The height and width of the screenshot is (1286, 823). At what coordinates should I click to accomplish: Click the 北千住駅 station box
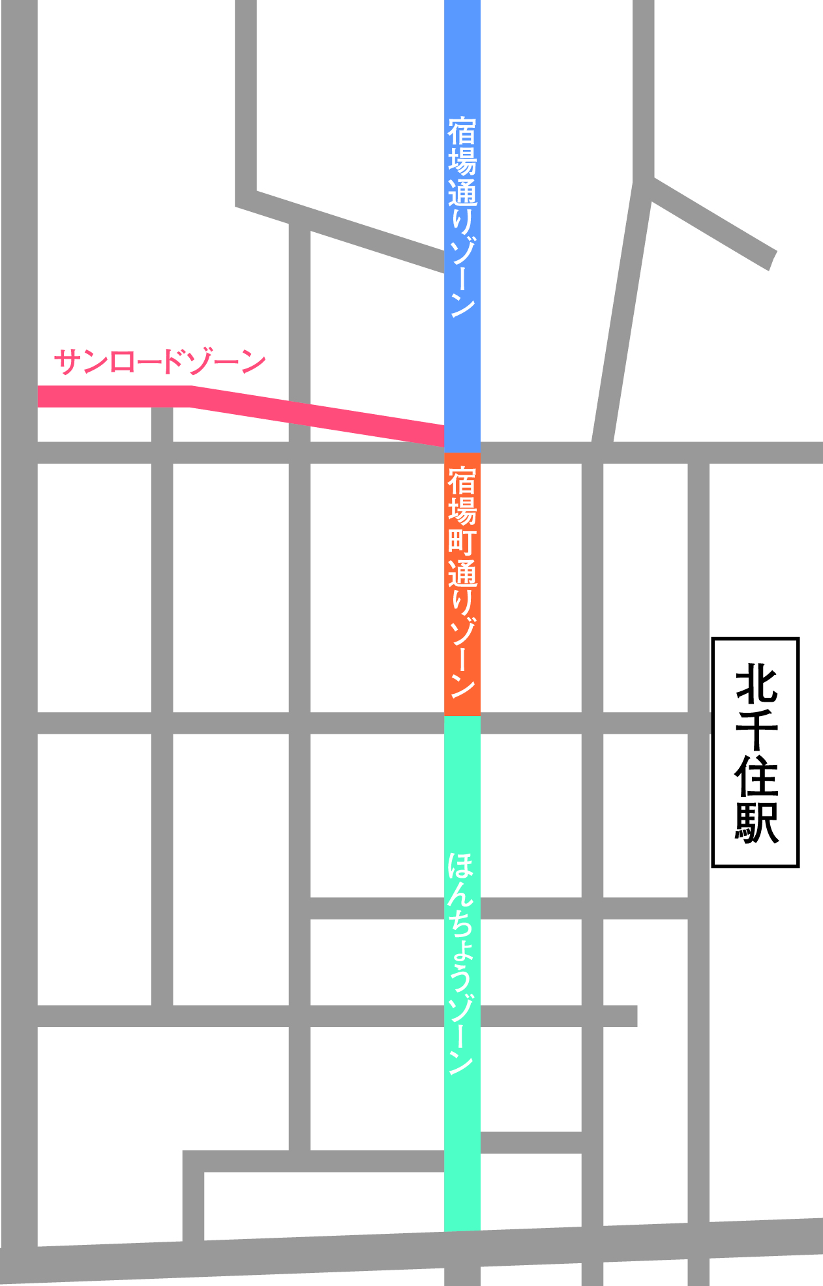tap(755, 752)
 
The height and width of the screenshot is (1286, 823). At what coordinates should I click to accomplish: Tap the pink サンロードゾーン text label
tap(160, 362)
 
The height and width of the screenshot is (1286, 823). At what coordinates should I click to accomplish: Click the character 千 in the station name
tap(756, 728)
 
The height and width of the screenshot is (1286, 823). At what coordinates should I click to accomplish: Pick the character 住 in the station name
tap(756, 775)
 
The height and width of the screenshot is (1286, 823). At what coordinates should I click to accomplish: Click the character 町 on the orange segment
tap(462, 543)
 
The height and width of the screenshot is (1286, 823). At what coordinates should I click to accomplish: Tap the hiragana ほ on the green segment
tap(462, 867)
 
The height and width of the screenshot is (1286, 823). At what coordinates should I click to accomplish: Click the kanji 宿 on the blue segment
tap(462, 132)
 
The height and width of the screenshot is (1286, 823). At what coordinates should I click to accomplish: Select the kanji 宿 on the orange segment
tap(462, 482)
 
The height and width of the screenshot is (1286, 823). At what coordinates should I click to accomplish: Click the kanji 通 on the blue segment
tap(462, 193)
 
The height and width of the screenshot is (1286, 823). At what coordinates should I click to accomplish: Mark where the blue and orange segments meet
tap(462, 452)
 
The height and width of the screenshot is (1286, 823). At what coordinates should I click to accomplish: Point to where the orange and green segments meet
tap(462, 715)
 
